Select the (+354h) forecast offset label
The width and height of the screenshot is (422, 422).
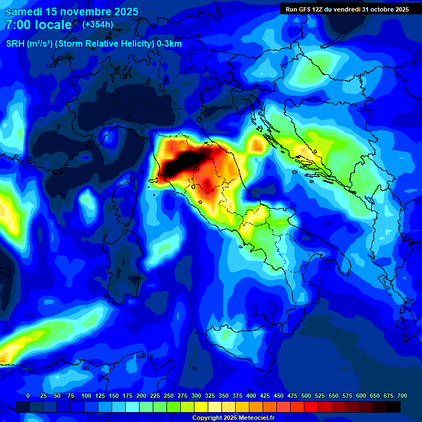tap(97, 25)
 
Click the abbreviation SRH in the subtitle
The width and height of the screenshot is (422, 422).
tap(15, 44)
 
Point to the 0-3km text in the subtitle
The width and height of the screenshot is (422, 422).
tap(169, 44)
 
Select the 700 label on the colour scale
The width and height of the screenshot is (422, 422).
tap(401, 396)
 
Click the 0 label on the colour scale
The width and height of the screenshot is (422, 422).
tap(28, 396)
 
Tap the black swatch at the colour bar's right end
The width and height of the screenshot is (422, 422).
tap(393, 407)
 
